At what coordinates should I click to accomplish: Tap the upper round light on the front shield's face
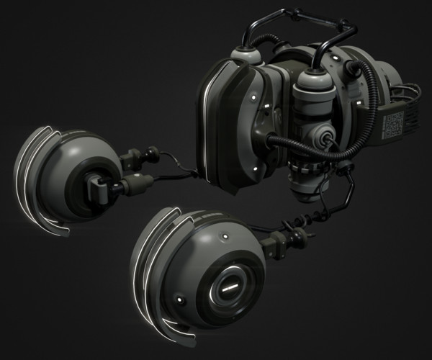pos(253,94)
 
